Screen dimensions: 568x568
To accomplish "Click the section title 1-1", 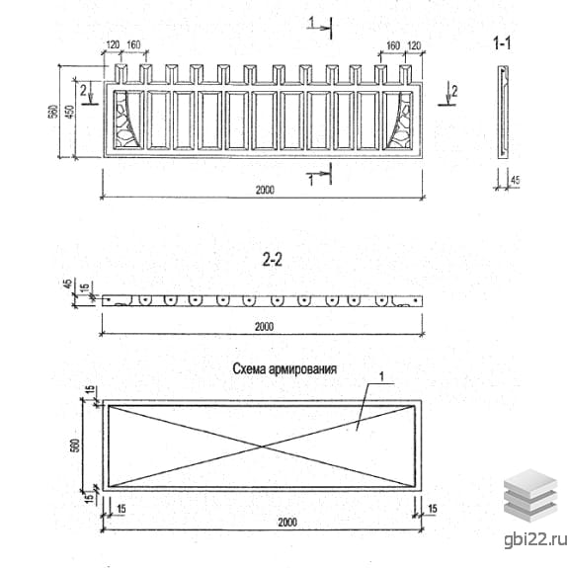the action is pos(502,43).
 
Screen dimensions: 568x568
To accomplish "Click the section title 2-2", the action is pos(272,260).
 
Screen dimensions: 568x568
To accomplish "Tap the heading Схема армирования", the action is pos(284,368).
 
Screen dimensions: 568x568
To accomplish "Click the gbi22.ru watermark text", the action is pos(535,539).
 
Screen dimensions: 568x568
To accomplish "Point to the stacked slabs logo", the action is pos(530,495).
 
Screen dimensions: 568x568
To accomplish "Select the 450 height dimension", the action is pos(71,112).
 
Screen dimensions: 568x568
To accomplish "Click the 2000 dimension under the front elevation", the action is pos(265,190).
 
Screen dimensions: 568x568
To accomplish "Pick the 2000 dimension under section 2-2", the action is pos(264,327).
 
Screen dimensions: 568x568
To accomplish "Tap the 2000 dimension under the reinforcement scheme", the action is pos(287,522).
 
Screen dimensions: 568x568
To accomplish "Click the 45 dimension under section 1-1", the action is pos(515,180).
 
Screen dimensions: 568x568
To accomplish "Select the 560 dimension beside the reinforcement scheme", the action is pos(75,446).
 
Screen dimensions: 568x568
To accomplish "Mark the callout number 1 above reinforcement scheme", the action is pos(381,376).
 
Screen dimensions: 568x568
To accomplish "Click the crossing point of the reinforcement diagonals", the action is pos(262,446).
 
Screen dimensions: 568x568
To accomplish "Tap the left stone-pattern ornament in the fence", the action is pos(125,120).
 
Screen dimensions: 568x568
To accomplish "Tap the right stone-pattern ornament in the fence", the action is pos(400,121).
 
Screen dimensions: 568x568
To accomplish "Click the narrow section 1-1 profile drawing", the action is pos(503,112).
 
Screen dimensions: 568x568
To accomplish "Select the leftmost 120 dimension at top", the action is pos(113,44).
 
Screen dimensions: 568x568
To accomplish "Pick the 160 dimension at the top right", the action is pos(393,45).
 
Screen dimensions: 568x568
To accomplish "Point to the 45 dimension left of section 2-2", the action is pos(68,284).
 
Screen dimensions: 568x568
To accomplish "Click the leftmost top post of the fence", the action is pos(121,73).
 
